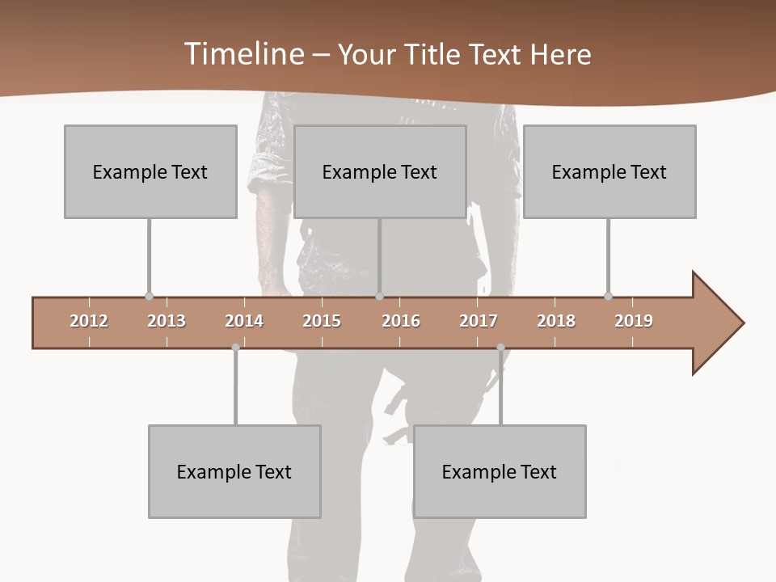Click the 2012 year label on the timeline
tap(89, 321)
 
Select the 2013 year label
tap(167, 321)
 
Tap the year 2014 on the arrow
tap(244, 321)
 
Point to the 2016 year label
tap(401, 321)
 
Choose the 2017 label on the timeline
tap(479, 321)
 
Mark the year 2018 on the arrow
tap(556, 321)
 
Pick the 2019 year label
tap(634, 321)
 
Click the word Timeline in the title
tap(242, 54)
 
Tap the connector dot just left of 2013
tap(149, 297)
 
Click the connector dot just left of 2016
tap(379, 297)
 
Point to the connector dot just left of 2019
tap(608, 297)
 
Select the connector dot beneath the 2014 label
tap(235, 348)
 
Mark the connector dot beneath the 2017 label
tap(500, 348)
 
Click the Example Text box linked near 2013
tap(150, 171)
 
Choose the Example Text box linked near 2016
tap(380, 171)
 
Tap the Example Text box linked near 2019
tap(609, 171)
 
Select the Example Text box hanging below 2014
tap(234, 471)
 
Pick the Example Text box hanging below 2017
tap(500, 471)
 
